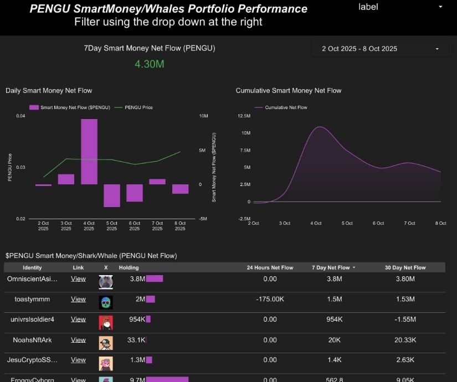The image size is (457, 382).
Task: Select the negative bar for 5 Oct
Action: pyautogui.click(x=111, y=195)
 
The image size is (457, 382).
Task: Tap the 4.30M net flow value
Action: pyautogui.click(x=149, y=64)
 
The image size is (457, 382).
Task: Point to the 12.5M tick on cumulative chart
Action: pyautogui.click(x=244, y=116)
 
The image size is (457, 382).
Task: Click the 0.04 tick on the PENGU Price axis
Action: pyautogui.click(x=20, y=116)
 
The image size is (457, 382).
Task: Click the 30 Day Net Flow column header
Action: pyautogui.click(x=405, y=267)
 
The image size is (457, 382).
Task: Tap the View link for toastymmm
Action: pyautogui.click(x=78, y=299)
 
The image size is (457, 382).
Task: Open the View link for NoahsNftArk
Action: pyautogui.click(x=78, y=340)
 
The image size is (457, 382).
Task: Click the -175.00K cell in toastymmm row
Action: pyautogui.click(x=270, y=299)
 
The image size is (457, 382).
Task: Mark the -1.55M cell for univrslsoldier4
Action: pyautogui.click(x=405, y=319)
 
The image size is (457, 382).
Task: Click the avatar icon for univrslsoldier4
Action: pyautogui.click(x=106, y=321)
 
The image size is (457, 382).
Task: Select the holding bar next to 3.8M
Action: pyautogui.click(x=155, y=278)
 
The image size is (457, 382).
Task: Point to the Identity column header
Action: pyautogui.click(x=32, y=267)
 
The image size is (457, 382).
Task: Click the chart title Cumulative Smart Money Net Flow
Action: pyautogui.click(x=289, y=90)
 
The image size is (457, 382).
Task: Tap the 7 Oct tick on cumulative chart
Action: pyautogui.click(x=409, y=223)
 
